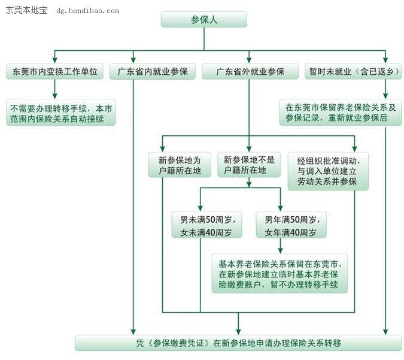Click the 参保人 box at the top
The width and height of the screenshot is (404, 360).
204,20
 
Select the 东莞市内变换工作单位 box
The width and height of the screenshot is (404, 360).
54,72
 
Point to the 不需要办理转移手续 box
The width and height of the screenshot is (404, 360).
60,113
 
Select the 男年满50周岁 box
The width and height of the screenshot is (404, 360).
287,225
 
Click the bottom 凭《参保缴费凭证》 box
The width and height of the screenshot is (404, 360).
238,343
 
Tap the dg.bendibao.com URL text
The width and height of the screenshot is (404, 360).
87,11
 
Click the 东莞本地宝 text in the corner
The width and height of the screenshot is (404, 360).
26,11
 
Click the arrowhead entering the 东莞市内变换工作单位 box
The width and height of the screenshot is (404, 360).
54,60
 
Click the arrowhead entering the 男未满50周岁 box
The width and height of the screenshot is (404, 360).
200,205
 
